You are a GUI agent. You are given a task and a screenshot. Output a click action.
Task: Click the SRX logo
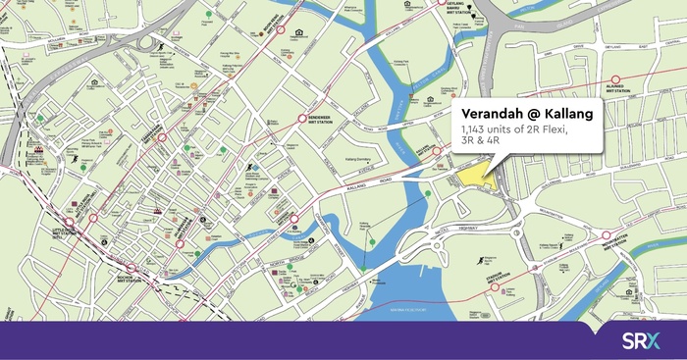(x=642, y=340)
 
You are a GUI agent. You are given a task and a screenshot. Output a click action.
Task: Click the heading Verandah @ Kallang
(x=525, y=113)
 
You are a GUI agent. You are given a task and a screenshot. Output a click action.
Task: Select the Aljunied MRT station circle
(x=616, y=79)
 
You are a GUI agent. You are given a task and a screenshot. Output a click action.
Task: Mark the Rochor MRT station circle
(x=131, y=268)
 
